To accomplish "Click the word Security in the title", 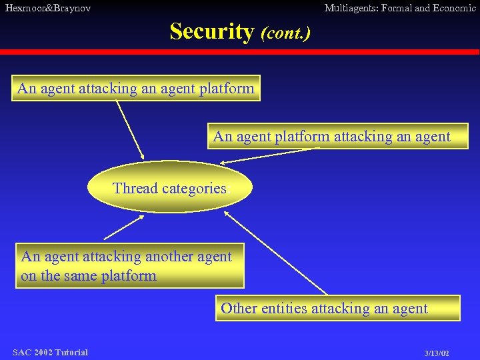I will coord(212,31).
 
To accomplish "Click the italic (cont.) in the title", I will coord(285,32).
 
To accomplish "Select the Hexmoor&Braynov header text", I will coord(48,8).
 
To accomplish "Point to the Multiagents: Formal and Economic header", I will coord(399,8).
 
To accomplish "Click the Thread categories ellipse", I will coord(170,189).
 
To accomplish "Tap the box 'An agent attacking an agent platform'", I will coord(136,88).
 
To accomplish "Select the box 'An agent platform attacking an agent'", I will coord(337,137).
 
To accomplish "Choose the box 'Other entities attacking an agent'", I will coord(337,308).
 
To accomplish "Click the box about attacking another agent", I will coord(130,266).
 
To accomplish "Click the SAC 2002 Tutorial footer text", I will coord(50,352).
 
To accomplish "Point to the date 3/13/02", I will coord(437,353).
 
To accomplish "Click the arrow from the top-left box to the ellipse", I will coord(130,129).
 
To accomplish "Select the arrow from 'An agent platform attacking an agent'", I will coord(267,156).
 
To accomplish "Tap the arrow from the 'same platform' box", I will coord(125,227).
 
